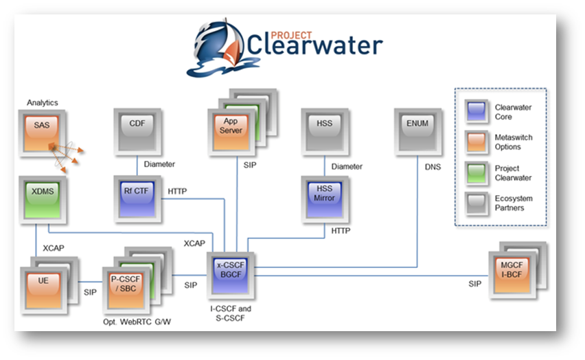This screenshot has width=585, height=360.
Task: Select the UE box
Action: pos(43,283)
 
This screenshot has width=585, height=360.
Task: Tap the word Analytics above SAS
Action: pos(43,102)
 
